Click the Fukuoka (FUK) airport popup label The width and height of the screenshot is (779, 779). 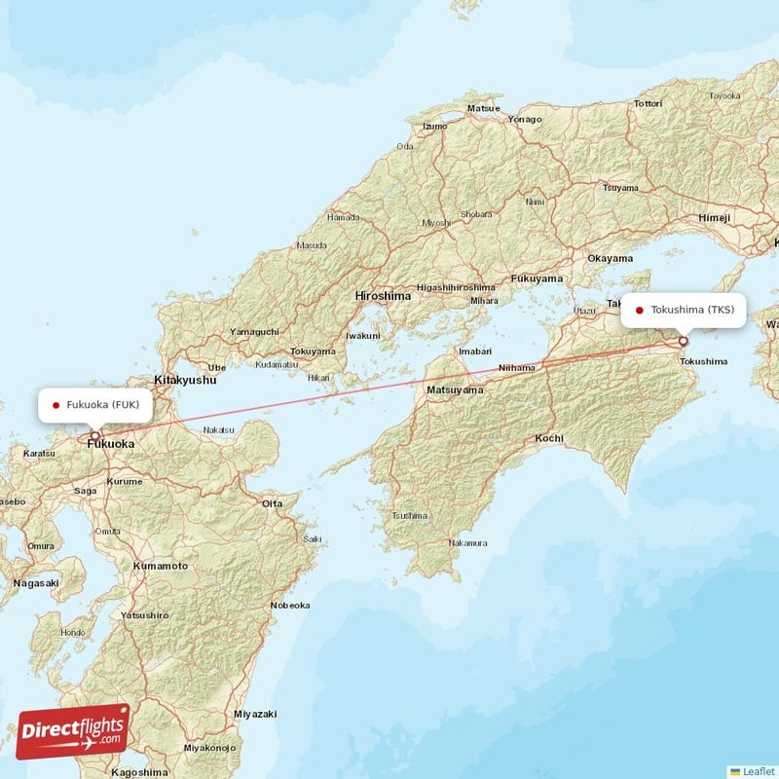95,404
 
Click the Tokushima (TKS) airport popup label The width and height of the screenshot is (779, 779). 684,311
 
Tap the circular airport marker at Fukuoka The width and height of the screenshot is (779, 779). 95,436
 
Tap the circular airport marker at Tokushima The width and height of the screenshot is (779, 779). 684,341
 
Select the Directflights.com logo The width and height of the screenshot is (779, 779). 73,731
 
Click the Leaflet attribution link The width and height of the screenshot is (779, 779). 758,770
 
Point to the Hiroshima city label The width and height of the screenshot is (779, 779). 383,295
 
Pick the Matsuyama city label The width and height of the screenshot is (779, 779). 455,389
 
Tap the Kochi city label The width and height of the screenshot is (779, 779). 549,438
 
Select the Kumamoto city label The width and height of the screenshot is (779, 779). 161,566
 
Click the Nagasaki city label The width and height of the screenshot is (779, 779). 36,583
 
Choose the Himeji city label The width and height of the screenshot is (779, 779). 714,218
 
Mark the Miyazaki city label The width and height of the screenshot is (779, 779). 255,714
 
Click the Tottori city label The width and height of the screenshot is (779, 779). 648,103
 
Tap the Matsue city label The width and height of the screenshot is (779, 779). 483,108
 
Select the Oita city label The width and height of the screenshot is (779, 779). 273,503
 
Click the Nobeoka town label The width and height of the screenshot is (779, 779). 290,605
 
